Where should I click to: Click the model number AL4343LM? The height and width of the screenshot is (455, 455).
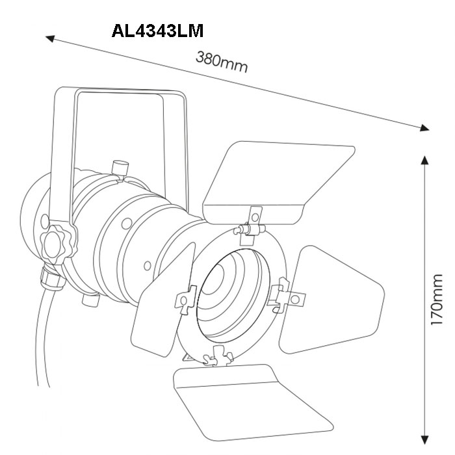click(x=157, y=31)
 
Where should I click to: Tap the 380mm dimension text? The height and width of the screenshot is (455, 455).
click(x=222, y=62)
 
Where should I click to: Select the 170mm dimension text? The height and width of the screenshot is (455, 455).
click(x=436, y=300)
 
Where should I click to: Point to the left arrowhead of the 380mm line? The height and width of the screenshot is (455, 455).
click(x=50, y=38)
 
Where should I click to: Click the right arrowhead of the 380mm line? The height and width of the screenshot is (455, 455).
click(x=424, y=127)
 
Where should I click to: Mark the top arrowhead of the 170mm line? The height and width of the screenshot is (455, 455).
click(x=425, y=160)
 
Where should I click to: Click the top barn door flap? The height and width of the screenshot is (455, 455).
click(x=278, y=182)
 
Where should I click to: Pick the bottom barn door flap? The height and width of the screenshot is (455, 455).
click(x=250, y=404)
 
